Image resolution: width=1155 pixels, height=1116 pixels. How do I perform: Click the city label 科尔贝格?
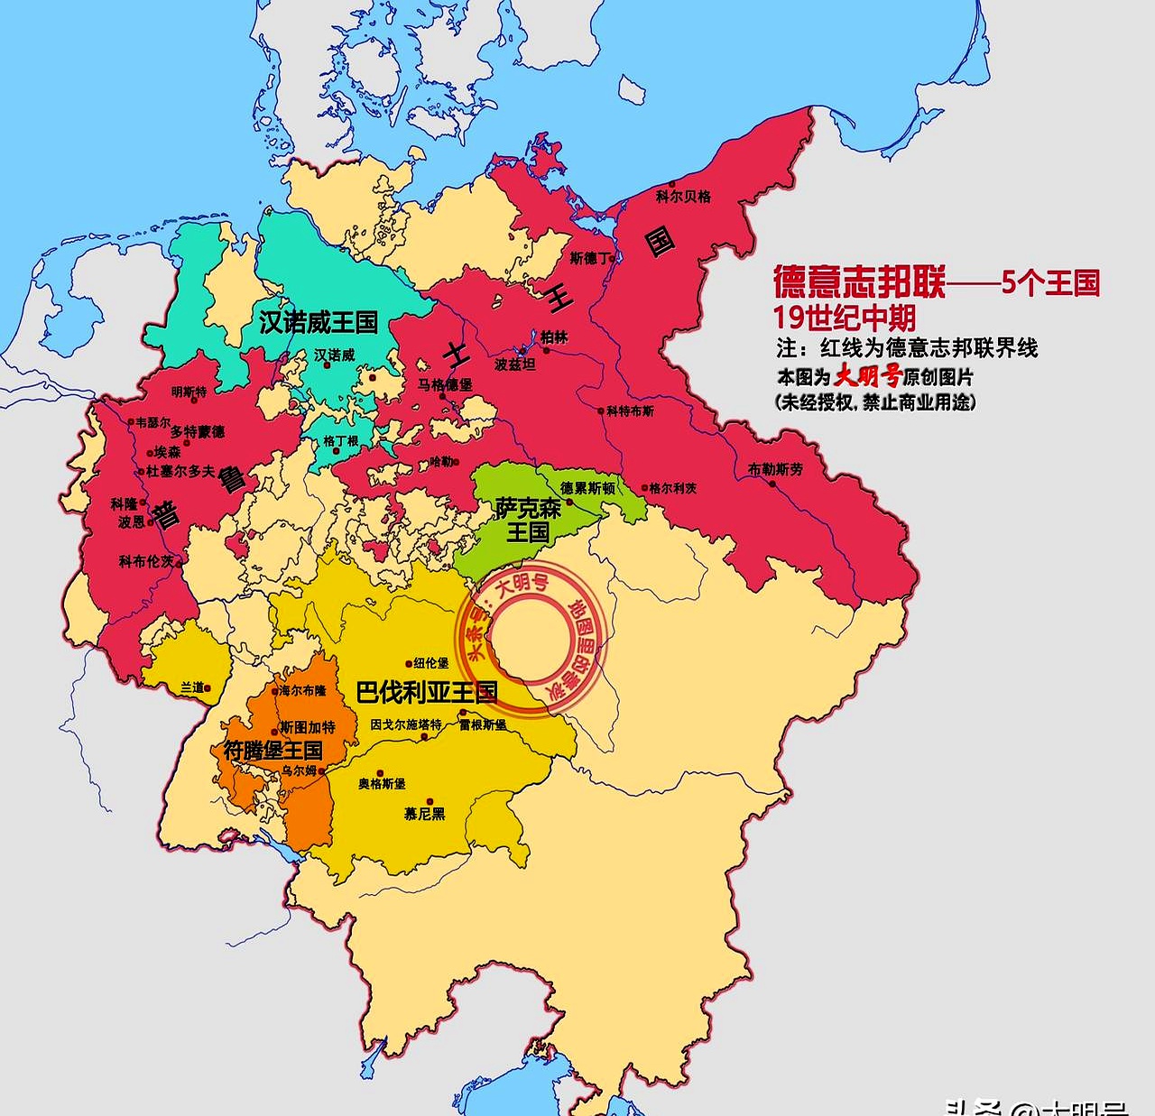[683, 196]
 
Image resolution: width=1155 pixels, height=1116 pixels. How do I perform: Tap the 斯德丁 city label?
[590, 258]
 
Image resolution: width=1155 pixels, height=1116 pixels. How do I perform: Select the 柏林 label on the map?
[555, 337]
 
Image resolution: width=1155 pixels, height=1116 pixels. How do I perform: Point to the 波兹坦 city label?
[515, 364]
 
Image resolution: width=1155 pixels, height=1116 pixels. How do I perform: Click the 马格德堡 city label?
[445, 384]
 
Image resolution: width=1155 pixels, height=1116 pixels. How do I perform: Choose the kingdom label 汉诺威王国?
[319, 322]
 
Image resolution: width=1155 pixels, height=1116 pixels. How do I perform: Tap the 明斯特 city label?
[189, 392]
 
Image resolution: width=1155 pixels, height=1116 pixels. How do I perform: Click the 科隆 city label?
[124, 503]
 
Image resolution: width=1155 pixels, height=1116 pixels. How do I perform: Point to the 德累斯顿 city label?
[587, 488]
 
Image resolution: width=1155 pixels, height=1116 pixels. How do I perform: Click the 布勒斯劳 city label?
[775, 469]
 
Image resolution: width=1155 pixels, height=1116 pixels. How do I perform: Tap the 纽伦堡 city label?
[431, 663]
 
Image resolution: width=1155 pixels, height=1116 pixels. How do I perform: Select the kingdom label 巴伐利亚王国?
[427, 693]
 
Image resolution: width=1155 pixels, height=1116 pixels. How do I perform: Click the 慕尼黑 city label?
[424, 814]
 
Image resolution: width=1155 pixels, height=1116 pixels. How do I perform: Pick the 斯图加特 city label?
[307, 727]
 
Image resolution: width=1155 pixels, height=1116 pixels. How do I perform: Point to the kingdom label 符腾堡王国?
[273, 750]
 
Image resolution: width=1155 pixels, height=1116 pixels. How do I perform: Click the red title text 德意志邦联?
[859, 282]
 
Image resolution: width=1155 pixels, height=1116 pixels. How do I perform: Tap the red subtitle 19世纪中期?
[845, 318]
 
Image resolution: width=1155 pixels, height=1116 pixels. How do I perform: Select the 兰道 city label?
[192, 687]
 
